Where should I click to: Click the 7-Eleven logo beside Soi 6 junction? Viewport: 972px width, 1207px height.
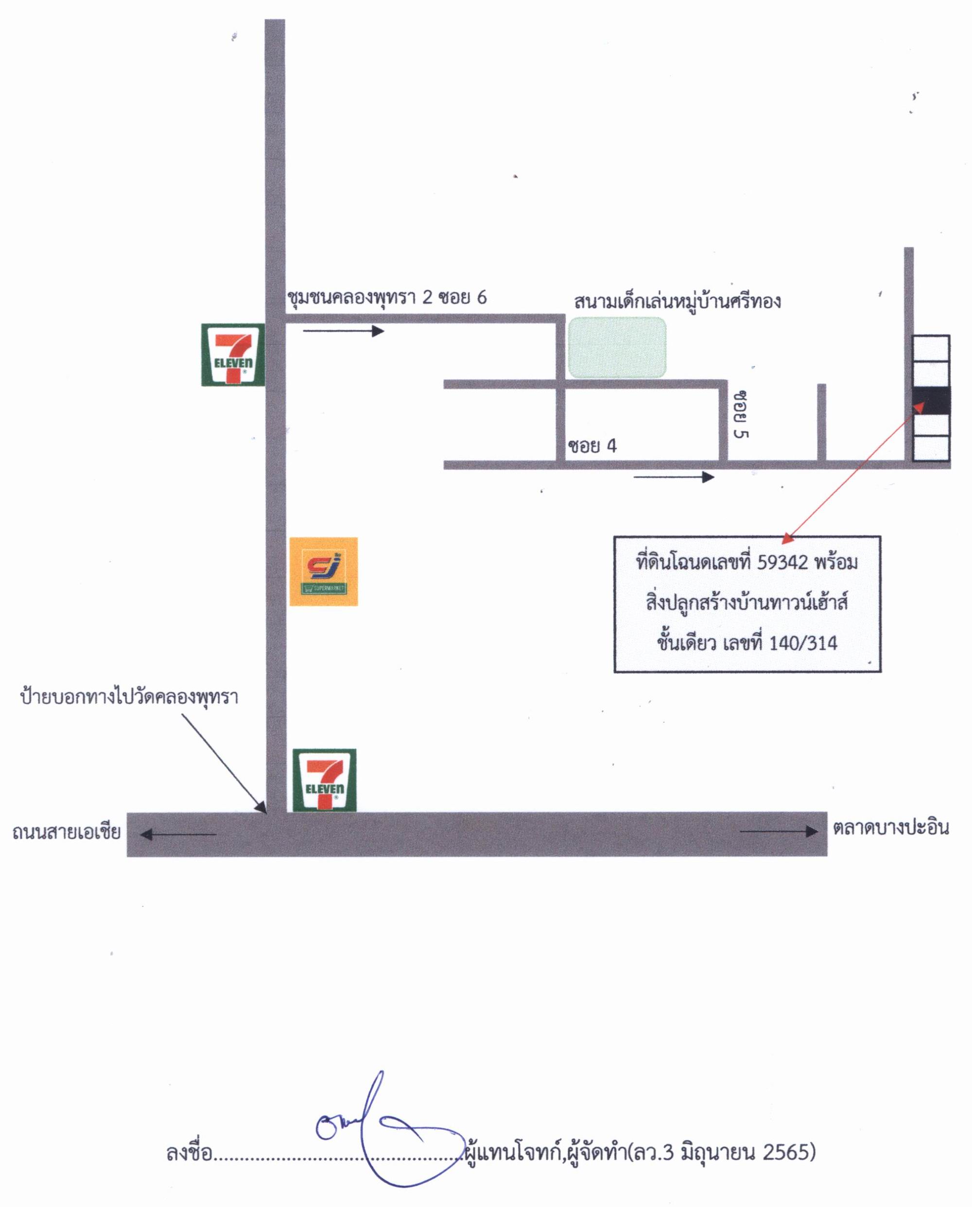(232, 355)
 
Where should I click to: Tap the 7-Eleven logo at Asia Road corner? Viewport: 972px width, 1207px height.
(324, 780)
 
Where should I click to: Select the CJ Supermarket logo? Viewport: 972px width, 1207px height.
(324, 571)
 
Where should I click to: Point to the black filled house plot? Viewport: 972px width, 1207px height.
(931, 401)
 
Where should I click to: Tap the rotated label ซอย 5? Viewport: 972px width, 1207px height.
(742, 414)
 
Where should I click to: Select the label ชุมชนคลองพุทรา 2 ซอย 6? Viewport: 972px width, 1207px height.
(386, 297)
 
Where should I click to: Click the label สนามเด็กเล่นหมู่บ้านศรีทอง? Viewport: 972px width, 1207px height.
(677, 301)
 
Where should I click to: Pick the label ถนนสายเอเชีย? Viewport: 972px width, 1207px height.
(66, 832)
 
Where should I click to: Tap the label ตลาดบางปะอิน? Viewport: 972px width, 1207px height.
(891, 828)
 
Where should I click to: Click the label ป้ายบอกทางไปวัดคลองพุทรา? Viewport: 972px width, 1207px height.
(129, 697)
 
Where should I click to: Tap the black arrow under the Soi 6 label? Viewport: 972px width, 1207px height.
(344, 331)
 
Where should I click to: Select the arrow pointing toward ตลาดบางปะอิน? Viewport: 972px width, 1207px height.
(779, 832)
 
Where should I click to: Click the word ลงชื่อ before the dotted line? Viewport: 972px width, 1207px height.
(190, 1153)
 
